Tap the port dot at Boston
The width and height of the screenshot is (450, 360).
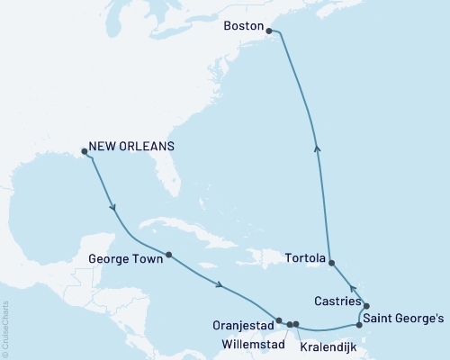click(269, 31)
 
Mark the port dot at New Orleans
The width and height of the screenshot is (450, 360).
click(84, 151)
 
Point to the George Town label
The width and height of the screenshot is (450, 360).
click(126, 260)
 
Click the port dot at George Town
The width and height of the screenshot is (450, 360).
click(168, 254)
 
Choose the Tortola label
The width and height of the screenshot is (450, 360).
click(304, 257)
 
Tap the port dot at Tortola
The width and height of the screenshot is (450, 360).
click(333, 263)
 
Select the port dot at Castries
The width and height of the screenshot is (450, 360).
click(366, 306)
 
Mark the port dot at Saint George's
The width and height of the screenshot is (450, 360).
click(359, 324)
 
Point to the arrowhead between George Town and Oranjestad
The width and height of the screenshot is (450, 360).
click(220, 286)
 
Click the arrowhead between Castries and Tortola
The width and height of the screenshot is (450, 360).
click(351, 286)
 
